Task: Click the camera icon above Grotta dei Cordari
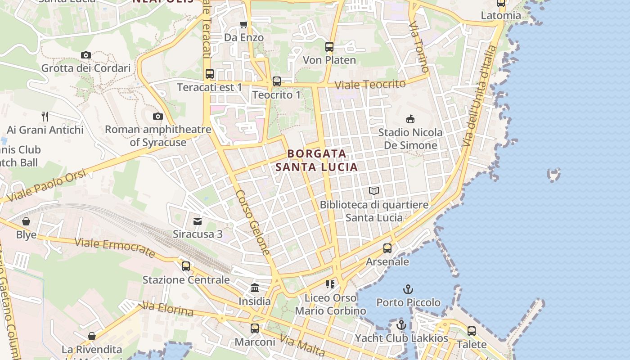(86, 55)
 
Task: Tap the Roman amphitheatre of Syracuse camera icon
(157, 117)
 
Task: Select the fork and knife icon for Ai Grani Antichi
(45, 117)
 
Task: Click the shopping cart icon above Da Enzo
(244, 24)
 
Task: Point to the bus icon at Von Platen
(329, 47)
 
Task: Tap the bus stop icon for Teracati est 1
(210, 74)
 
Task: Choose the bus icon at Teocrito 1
(277, 81)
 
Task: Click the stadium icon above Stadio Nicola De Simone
(410, 119)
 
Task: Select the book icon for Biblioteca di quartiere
(374, 191)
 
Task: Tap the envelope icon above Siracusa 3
(198, 221)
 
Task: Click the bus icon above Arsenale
(387, 248)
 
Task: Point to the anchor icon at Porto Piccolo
(408, 289)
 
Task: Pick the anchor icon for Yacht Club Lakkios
(401, 325)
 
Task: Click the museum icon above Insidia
(255, 288)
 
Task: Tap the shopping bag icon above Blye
(26, 221)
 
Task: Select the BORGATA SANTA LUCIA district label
(317, 160)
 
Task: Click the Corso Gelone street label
(253, 222)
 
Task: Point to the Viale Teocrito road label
(370, 84)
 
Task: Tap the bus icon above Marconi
(255, 328)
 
